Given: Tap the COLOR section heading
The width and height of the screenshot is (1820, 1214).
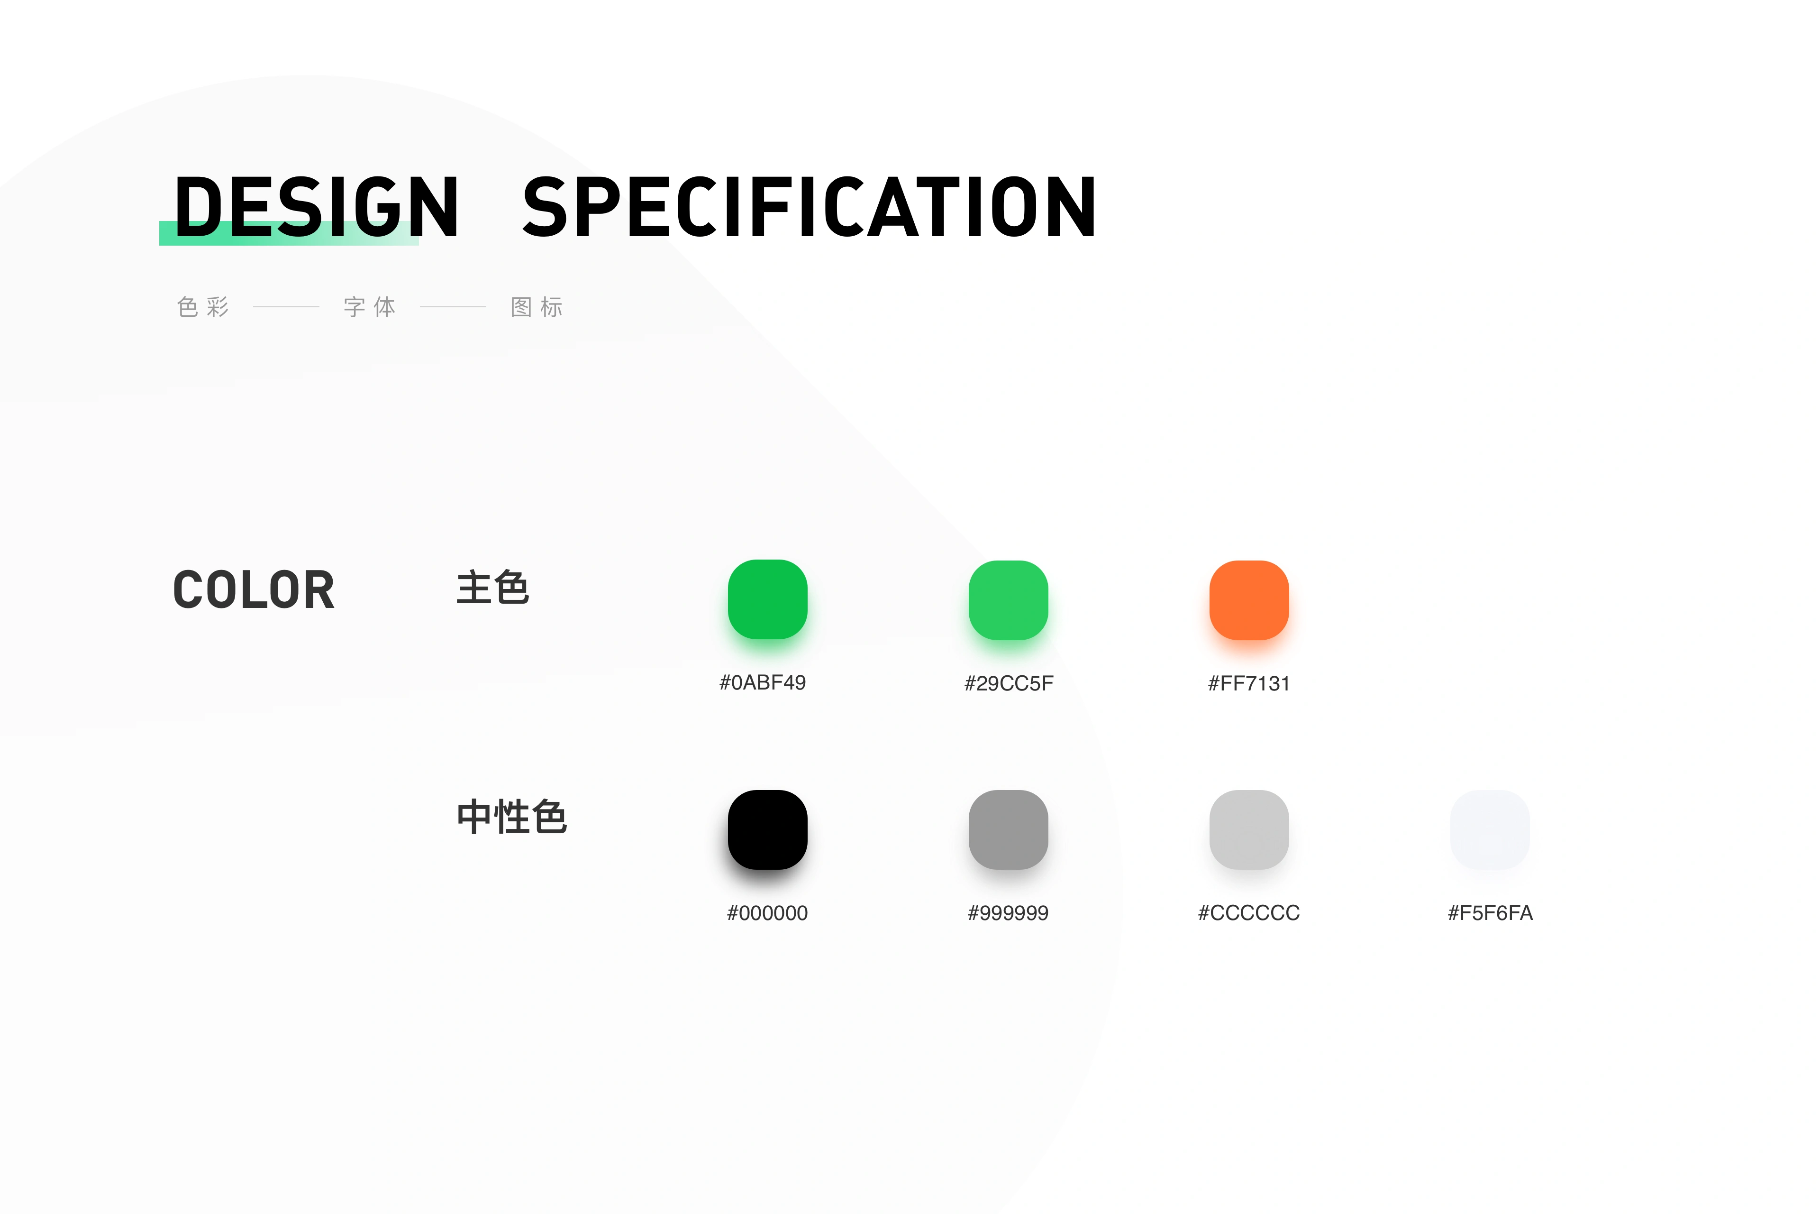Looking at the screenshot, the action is [x=254, y=590].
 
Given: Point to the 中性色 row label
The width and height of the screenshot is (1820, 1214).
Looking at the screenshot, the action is [x=511, y=817].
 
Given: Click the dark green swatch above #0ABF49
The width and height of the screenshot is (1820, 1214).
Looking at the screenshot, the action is [x=768, y=599].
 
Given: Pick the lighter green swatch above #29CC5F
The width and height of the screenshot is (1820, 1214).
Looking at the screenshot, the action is [x=1008, y=600].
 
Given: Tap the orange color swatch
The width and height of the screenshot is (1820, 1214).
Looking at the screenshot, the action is [x=1249, y=600].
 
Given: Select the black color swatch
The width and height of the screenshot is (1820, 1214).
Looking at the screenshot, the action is [x=768, y=829].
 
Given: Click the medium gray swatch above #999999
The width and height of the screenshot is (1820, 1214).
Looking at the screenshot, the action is [x=1008, y=829].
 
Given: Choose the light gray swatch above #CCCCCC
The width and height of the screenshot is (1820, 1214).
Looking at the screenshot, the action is [x=1249, y=829].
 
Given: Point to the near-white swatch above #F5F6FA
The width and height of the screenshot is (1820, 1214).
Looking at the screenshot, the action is [x=1490, y=829].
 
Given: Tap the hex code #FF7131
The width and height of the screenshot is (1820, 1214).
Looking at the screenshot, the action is [x=1249, y=683].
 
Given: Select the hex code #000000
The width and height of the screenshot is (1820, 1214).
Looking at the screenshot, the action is [x=767, y=913].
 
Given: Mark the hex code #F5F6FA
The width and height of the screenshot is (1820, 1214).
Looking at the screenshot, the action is [x=1490, y=913].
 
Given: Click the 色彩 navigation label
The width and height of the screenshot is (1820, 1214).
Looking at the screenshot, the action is [x=203, y=307].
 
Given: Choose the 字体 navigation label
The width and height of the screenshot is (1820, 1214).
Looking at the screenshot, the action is [x=370, y=307].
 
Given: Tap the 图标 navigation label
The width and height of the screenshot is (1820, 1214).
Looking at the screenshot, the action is [x=537, y=307].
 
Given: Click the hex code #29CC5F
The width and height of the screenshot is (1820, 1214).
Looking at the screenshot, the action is [x=1008, y=683].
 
